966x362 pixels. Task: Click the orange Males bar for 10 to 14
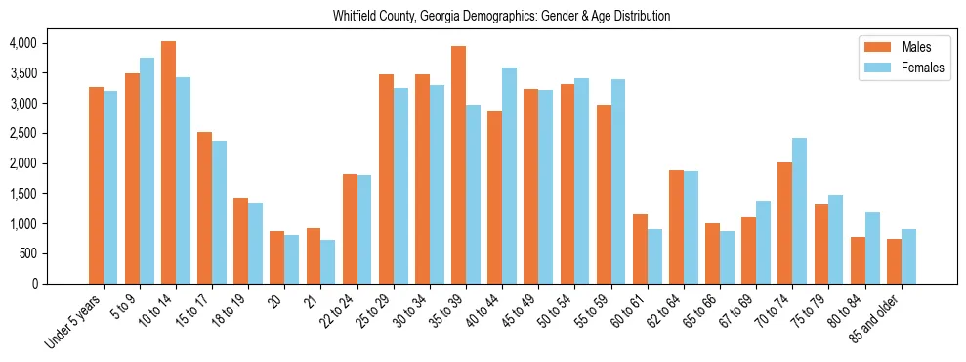point(169,162)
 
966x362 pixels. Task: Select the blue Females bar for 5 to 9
point(147,170)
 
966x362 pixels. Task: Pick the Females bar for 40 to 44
point(509,175)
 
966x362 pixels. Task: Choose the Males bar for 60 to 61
point(640,249)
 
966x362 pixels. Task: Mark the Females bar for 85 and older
point(908,256)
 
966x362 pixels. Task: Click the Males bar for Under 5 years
point(96,185)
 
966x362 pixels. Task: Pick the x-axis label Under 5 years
point(73,323)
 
